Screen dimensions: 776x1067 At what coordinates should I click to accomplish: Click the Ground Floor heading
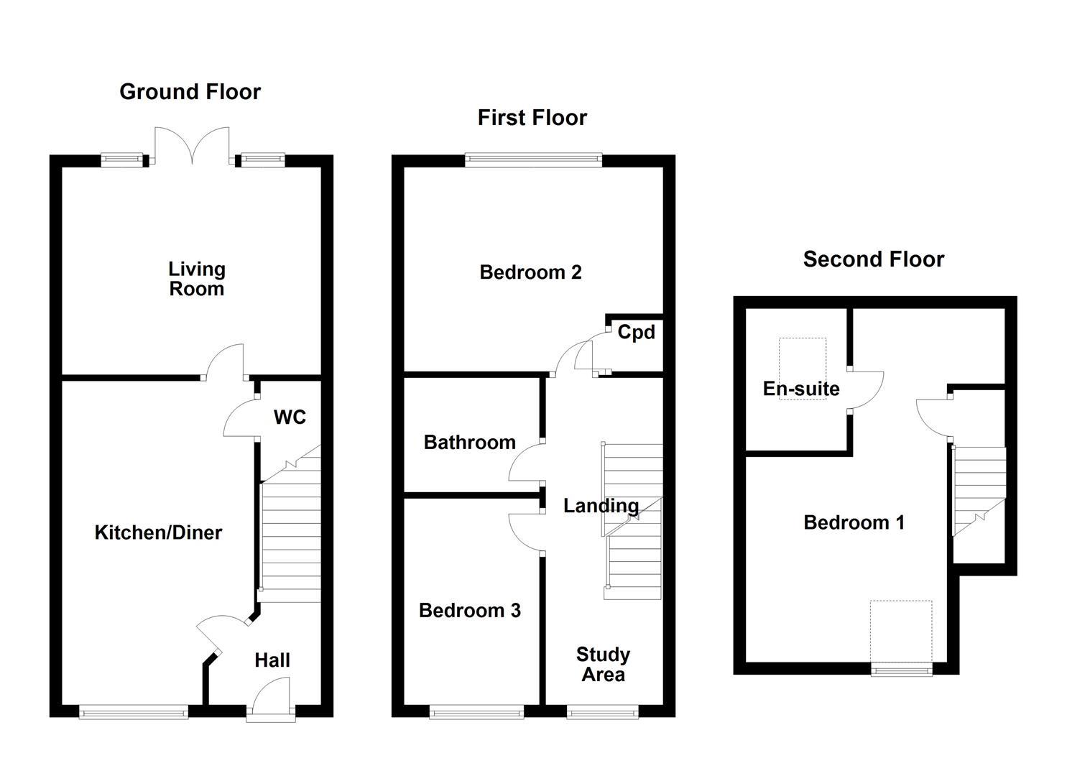coord(190,92)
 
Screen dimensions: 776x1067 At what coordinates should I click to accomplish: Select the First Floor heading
coord(532,118)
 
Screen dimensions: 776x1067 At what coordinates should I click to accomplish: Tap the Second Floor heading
coord(873,259)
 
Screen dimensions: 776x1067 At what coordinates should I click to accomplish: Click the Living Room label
coord(197,279)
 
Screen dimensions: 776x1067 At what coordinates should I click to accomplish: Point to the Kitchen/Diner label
coord(158,532)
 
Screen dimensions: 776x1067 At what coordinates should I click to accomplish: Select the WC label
coord(290,417)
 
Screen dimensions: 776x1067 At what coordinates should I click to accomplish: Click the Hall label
coord(272,660)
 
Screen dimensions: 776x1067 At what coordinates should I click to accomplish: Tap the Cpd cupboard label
coord(637,333)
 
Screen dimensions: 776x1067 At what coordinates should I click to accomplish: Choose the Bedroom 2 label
coord(530,272)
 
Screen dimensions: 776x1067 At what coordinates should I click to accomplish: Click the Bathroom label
coord(469,443)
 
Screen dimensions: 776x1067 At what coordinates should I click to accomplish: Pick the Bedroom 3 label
coord(469,611)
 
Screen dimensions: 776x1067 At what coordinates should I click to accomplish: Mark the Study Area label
coord(603,665)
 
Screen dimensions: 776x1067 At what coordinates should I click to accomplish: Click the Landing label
coord(601,506)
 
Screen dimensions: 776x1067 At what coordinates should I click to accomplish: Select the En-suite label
coord(801,389)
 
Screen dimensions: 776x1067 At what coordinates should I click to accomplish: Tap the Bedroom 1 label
coord(854,522)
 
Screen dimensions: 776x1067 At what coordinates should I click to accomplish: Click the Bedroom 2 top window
coord(533,160)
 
